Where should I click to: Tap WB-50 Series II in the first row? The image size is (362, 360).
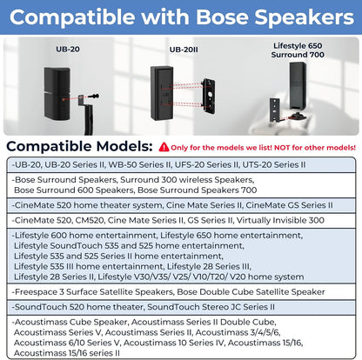pos(153,165)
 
